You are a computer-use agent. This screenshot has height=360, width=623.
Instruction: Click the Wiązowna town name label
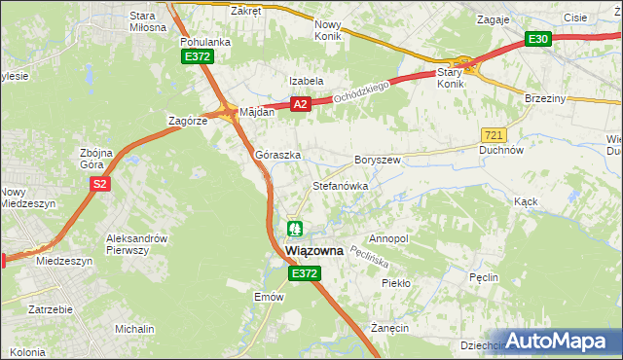coord(314,250)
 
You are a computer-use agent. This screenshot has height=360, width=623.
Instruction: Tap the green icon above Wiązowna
coord(296,229)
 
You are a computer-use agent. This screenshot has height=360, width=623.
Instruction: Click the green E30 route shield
coord(538,39)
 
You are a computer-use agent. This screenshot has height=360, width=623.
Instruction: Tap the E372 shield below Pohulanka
coord(197,58)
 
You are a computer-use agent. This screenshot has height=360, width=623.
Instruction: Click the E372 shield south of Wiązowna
coord(303,275)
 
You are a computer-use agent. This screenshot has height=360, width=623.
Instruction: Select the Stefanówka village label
coord(339,185)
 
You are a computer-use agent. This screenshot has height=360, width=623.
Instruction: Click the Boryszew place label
coord(378,159)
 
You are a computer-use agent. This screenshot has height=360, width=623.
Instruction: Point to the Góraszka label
coord(277,155)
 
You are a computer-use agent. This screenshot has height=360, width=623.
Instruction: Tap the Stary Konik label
coord(450,77)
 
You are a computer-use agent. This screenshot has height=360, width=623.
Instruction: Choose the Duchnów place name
coord(502,151)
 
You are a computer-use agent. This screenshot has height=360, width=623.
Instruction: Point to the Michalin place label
coord(134,330)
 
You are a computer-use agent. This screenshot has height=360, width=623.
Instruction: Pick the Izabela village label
coord(305,81)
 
